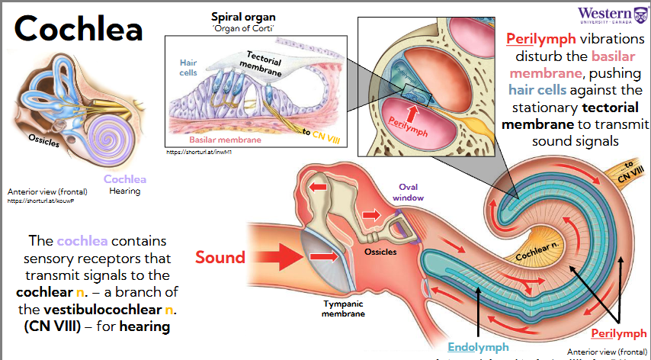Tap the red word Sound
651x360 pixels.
tap(220, 257)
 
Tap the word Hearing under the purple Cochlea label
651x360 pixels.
tap(124, 191)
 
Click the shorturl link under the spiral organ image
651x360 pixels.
tap(194, 152)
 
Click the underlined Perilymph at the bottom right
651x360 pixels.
tap(620, 333)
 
